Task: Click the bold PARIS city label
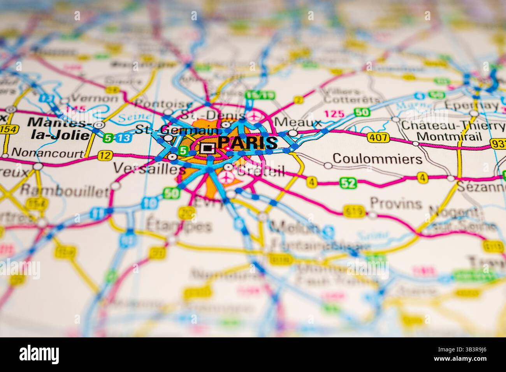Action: point(248,143)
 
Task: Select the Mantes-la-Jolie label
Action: point(58,127)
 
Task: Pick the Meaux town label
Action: point(298,123)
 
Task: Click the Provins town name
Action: point(396,203)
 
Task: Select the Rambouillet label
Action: point(64,191)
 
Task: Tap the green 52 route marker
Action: point(348,182)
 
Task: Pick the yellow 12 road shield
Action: point(104,156)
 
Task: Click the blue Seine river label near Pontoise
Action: point(128,116)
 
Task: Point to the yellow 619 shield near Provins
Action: point(354,212)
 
